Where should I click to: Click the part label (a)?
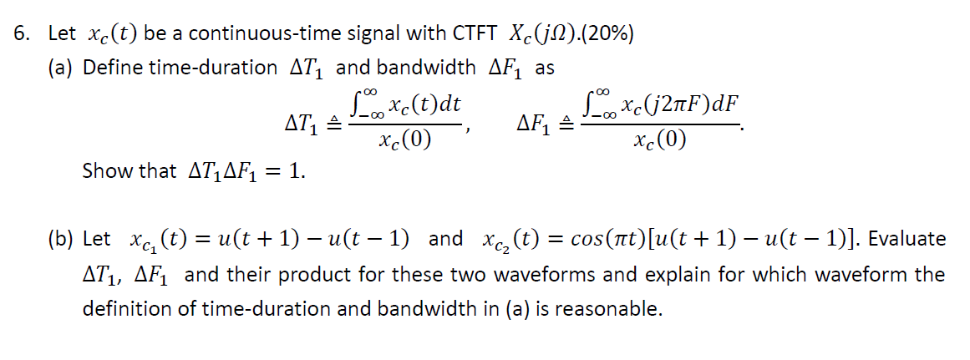63,68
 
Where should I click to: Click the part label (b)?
63,239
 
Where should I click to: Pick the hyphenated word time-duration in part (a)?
213,68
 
